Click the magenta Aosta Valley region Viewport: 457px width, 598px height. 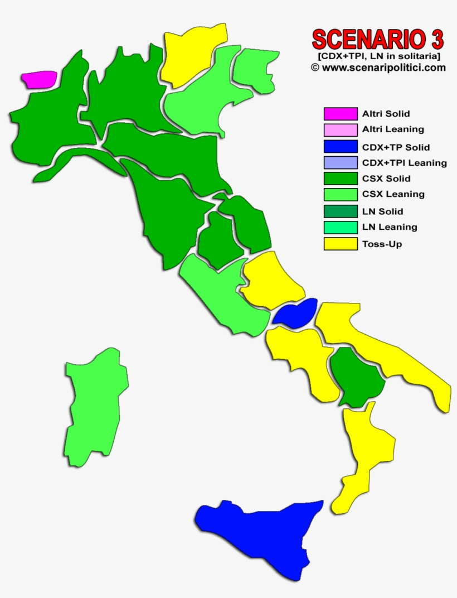[40, 79]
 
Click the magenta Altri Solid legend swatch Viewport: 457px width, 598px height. [341, 114]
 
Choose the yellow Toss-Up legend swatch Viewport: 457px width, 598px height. [341, 244]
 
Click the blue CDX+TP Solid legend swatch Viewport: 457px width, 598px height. [341, 147]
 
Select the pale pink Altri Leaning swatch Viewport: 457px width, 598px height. [341, 130]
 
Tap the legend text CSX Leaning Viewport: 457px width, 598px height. [393, 194]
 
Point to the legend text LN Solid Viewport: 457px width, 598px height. [382, 211]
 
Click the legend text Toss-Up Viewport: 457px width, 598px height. [382, 244]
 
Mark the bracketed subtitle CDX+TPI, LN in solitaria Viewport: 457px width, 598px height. [380, 56]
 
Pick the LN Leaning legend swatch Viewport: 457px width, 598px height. [341, 228]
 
